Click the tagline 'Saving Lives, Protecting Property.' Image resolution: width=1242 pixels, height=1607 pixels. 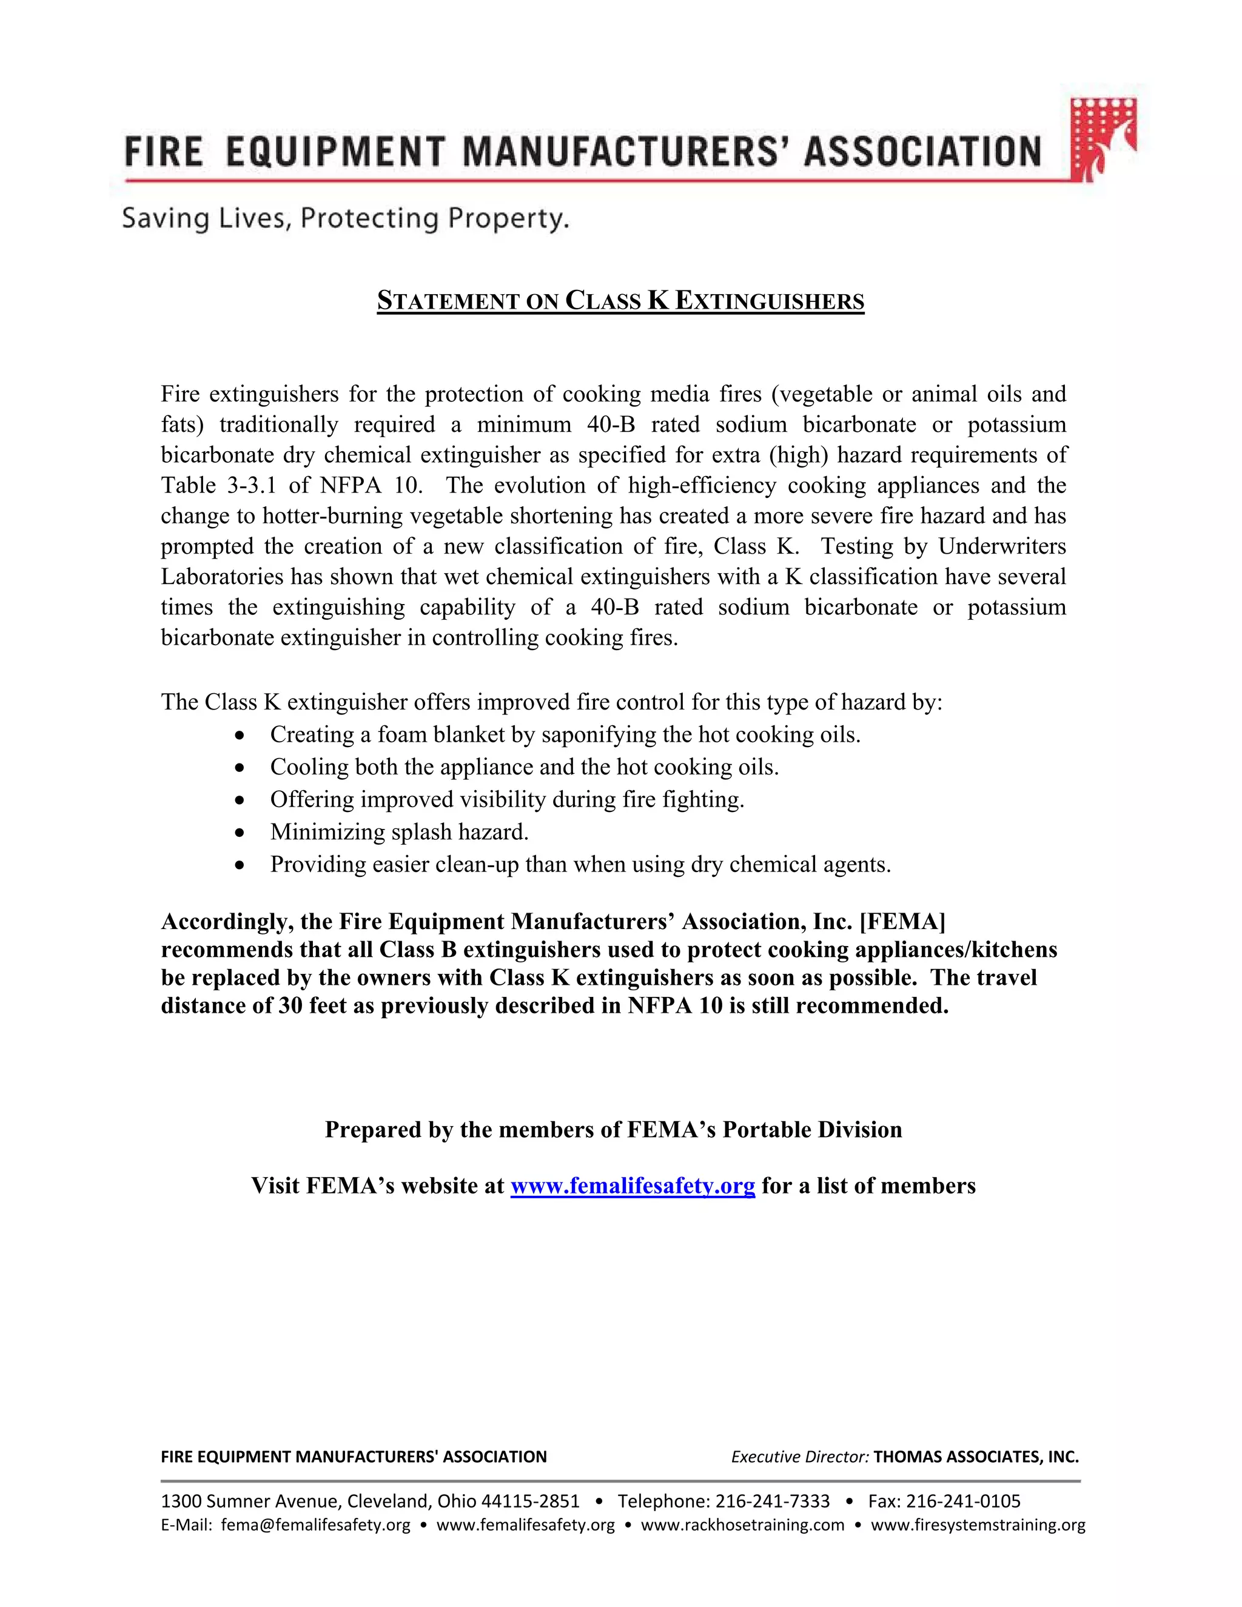(345, 218)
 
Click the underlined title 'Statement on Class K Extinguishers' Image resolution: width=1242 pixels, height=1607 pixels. (620, 301)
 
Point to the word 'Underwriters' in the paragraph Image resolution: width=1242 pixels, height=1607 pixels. (1001, 547)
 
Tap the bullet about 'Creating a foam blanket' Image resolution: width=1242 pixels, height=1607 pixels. (565, 734)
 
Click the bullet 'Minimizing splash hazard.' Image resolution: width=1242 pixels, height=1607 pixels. (399, 831)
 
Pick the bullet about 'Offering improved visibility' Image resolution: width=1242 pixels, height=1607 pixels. (507, 799)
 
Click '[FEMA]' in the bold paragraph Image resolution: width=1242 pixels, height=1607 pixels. (902, 921)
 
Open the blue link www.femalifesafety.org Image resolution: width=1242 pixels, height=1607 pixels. (633, 1186)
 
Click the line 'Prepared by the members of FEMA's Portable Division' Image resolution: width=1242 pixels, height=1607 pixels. (613, 1130)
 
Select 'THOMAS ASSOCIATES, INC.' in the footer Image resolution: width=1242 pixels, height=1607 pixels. (976, 1457)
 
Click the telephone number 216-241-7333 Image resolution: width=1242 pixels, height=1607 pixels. (772, 1501)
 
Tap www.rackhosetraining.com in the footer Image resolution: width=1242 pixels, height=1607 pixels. (742, 1525)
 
